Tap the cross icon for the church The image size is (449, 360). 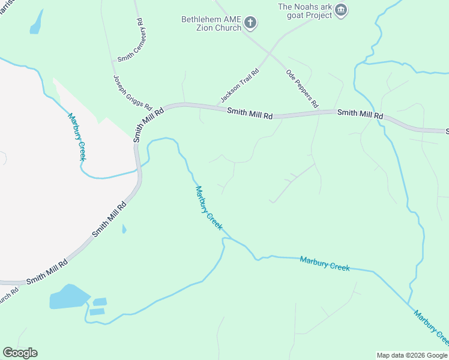coord(250,23)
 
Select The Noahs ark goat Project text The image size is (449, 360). coord(304,11)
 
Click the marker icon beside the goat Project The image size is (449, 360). coord(341,9)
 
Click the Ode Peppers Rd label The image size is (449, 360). coord(301,87)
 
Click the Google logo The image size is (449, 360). coord(20,352)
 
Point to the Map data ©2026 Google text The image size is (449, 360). coord(411,355)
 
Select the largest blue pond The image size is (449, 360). coord(68,298)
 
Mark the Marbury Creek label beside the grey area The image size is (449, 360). coord(77,137)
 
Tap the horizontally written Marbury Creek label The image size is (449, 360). coord(324,263)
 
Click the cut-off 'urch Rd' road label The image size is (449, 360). coord(9,298)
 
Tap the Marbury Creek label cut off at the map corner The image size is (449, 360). coord(431,328)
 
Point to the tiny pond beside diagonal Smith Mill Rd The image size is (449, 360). coord(124,229)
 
